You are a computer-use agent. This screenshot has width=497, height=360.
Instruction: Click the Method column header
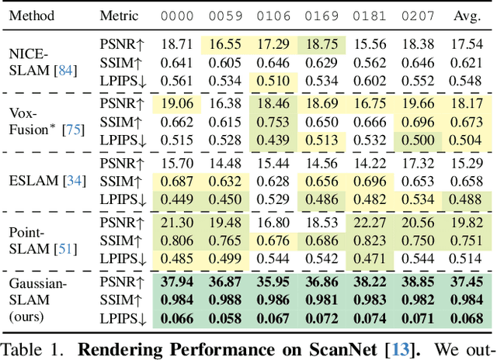31,15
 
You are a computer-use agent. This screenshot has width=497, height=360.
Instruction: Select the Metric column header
120,15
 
